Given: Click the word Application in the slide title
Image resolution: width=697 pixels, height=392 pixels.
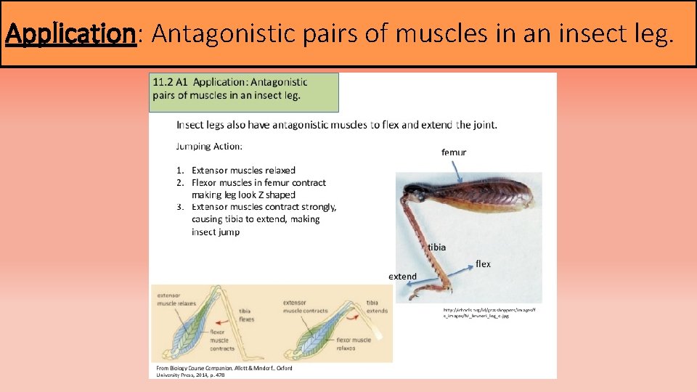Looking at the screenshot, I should pos(70,33).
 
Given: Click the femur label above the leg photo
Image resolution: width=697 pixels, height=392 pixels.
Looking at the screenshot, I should pos(454,152).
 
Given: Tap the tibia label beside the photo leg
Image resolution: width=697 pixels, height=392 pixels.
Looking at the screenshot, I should pos(436,247).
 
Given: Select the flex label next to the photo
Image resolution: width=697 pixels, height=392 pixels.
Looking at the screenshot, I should pos(483,264).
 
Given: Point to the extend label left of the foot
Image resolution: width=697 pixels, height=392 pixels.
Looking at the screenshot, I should pos(402,277).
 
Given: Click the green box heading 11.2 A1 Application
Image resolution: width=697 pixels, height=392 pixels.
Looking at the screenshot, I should pos(243,91).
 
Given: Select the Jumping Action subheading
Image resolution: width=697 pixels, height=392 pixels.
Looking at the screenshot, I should pos(209,146).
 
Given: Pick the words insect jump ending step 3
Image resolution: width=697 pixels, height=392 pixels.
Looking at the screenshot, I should pos(216,232).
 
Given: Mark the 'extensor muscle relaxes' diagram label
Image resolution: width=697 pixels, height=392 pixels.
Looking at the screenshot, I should pos(176,300).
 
